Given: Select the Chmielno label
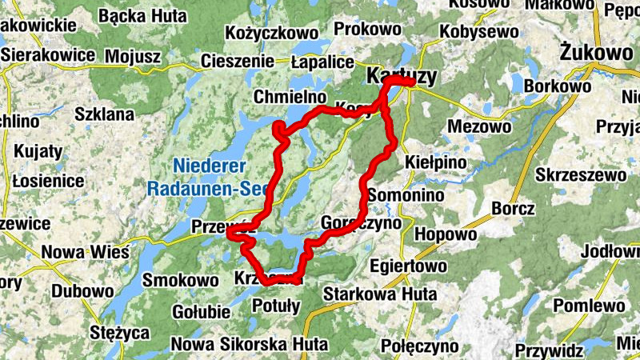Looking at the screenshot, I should click(x=286, y=97).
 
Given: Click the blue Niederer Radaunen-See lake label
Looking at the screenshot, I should click(x=209, y=178).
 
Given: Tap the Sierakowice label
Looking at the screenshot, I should click(x=49, y=56).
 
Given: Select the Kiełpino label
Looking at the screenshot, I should click(x=436, y=162).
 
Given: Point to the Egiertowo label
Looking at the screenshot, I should click(x=409, y=265).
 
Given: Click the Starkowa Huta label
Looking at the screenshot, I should click(x=380, y=294).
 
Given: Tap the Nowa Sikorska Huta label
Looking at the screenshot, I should click(x=249, y=345).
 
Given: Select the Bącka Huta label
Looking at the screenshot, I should click(x=144, y=16).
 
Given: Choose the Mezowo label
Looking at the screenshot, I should click(x=478, y=126).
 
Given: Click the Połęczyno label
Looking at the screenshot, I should click(x=419, y=346).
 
